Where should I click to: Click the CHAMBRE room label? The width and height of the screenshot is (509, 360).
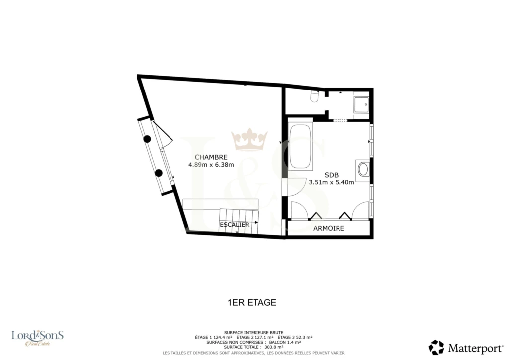click(211, 157)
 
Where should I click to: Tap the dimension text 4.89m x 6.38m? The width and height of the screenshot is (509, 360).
click(211, 165)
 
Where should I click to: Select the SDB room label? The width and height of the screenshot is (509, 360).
click(332, 175)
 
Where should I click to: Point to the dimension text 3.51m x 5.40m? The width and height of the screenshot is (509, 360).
click(332, 182)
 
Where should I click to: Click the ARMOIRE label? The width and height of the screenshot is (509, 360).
click(329, 228)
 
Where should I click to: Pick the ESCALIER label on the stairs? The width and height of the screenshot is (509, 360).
click(235, 225)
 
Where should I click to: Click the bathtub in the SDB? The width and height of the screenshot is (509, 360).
click(300, 146)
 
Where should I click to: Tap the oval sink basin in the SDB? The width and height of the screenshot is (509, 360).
click(363, 169)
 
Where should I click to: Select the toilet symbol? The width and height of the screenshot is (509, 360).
click(314, 96)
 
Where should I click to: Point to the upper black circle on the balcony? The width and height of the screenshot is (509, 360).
click(147, 139)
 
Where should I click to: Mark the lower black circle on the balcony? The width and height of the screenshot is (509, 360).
click(159, 173)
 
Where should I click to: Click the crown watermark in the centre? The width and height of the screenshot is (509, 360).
click(250, 140)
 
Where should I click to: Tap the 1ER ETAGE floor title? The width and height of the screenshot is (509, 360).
click(252, 302)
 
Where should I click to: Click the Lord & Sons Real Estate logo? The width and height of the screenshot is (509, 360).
click(38, 338)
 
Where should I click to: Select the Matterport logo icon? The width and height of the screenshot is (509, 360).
click(436, 348)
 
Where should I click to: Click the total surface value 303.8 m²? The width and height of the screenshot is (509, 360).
click(274, 347)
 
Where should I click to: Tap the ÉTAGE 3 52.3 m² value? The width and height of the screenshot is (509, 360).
click(295, 337)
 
